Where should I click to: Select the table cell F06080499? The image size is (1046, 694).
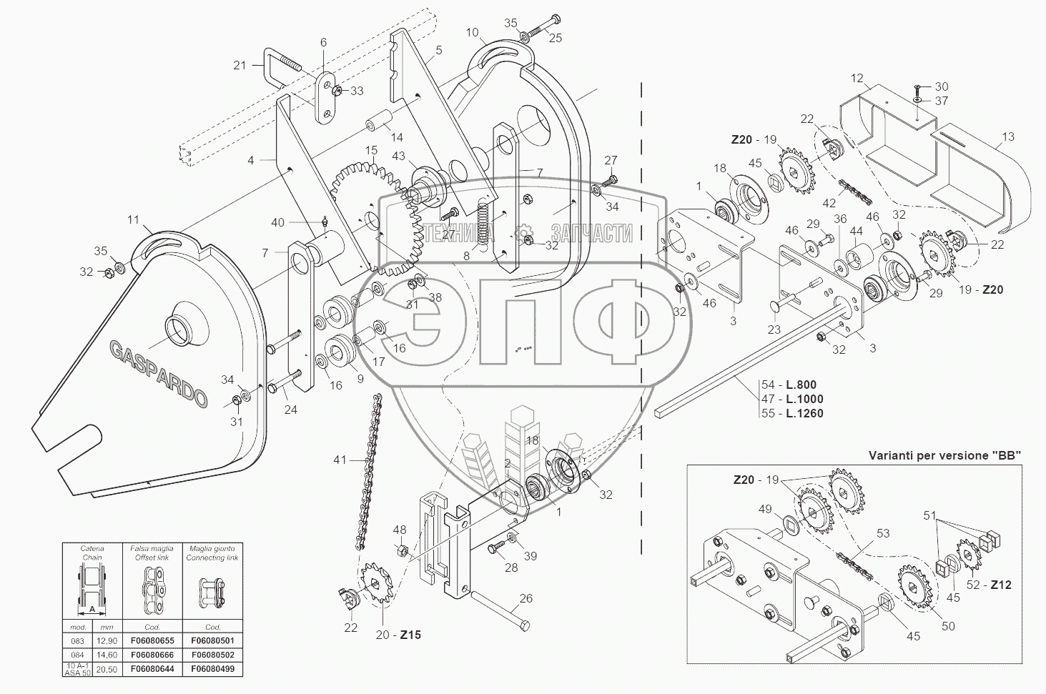(212, 670)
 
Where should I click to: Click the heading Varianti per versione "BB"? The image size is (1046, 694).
(944, 455)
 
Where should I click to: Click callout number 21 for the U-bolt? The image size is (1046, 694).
(240, 65)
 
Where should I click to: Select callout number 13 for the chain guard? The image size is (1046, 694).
(1008, 137)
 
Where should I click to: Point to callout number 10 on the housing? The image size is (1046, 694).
(472, 33)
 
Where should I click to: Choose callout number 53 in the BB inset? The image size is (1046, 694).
(883, 532)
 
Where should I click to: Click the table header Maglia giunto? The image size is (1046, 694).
(212, 548)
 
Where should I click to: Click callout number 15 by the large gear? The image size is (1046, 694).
(372, 150)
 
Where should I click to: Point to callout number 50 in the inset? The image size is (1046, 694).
(948, 627)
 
